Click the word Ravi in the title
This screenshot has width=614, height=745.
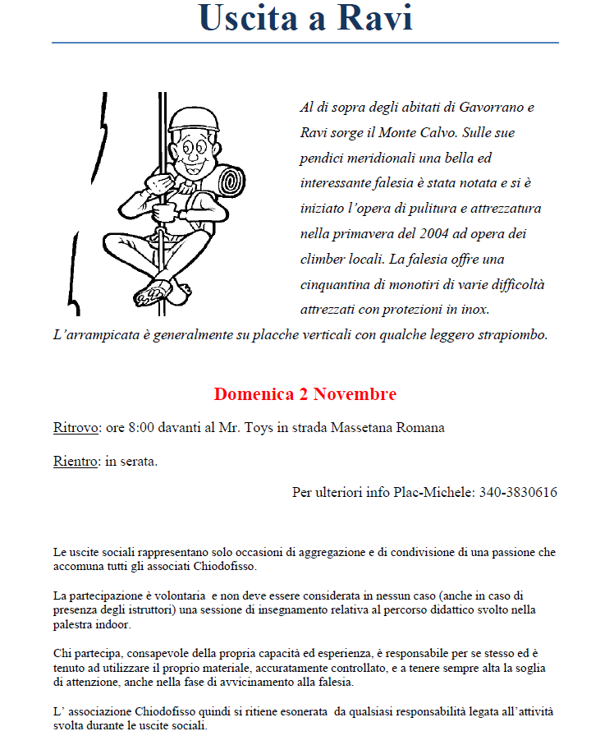click(373, 18)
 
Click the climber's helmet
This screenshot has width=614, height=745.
click(195, 120)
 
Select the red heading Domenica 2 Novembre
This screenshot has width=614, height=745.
click(305, 394)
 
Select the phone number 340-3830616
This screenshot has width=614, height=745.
click(518, 493)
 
